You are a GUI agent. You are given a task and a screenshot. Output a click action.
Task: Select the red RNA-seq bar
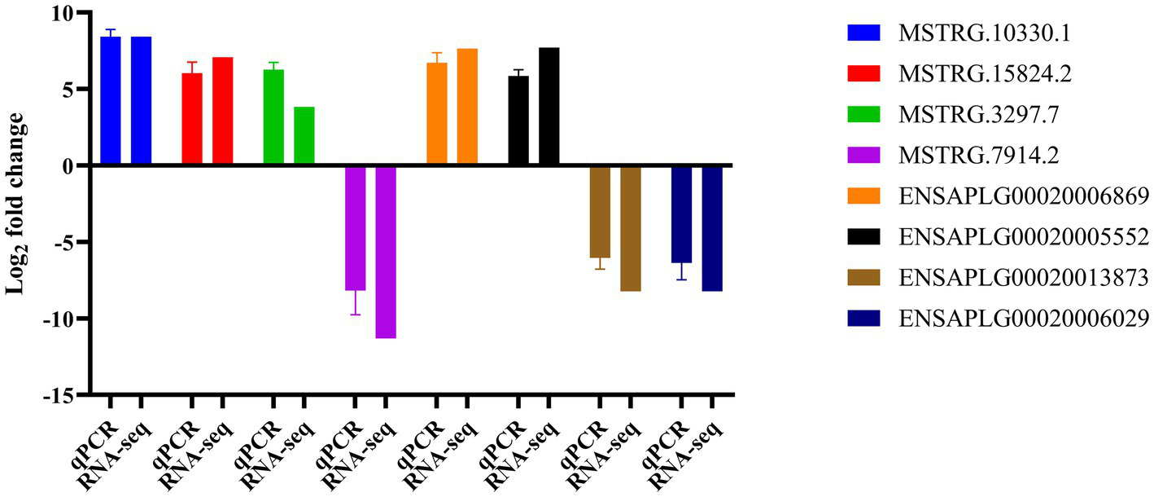tap(222, 112)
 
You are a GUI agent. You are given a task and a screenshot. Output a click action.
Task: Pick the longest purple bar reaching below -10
tap(385, 252)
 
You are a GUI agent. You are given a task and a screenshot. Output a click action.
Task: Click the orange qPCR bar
tap(437, 114)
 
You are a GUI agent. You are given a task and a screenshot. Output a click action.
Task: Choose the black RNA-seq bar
tap(549, 107)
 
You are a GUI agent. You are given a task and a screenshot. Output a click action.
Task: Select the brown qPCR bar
tap(600, 212)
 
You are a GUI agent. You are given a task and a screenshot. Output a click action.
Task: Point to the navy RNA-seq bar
tap(712, 228)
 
